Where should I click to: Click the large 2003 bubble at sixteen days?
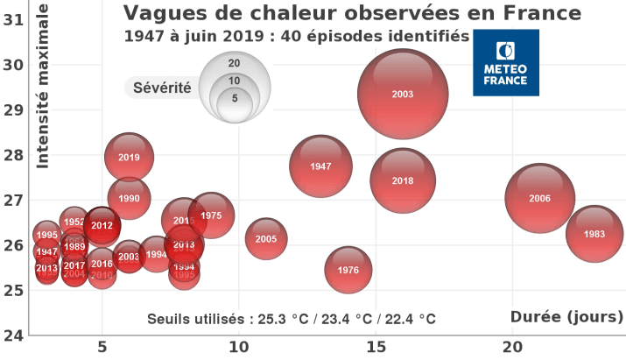click(x=403, y=94)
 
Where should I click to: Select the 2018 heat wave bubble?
click(x=403, y=180)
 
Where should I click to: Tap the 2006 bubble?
click(x=540, y=198)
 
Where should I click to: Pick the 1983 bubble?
click(x=594, y=234)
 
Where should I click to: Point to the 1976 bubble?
click(x=348, y=270)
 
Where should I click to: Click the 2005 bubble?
click(x=266, y=238)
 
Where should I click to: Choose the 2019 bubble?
click(x=129, y=158)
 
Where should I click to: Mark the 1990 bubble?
click(x=129, y=198)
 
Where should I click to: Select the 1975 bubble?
click(x=211, y=215)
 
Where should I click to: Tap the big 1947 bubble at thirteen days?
click(x=320, y=166)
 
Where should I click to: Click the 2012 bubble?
click(x=102, y=225)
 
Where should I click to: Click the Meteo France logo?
click(x=506, y=62)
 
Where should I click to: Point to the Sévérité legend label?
click(x=162, y=88)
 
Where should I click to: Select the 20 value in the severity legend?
click(x=234, y=63)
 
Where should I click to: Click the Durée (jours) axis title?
click(x=566, y=316)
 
